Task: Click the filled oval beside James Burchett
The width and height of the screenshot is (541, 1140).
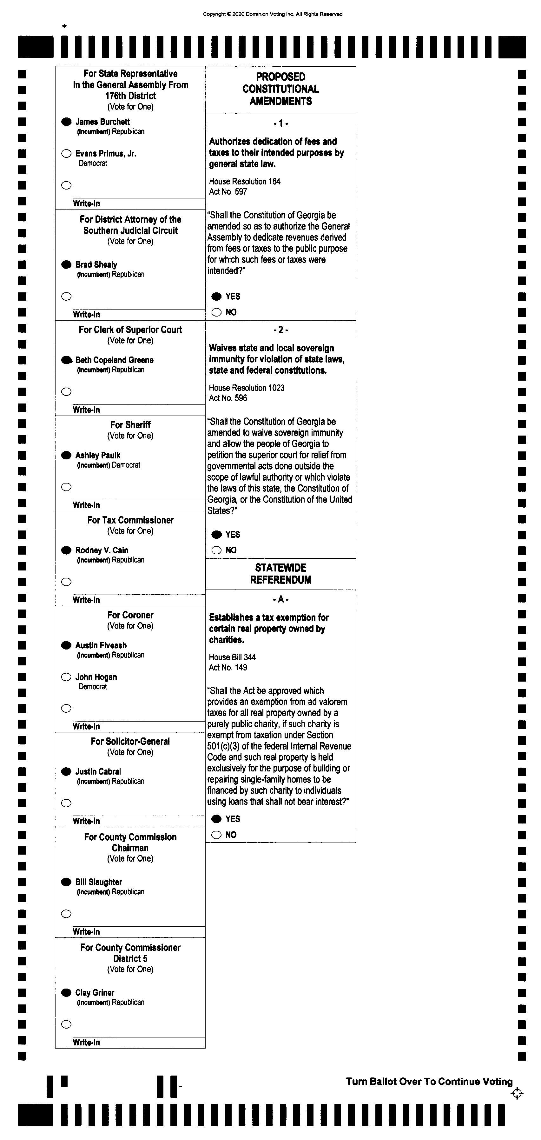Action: pos(66,122)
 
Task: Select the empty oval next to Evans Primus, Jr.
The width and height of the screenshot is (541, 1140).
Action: pos(66,154)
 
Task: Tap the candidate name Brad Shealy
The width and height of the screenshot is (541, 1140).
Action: pos(96,265)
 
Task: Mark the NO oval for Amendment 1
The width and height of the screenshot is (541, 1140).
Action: pos(216,312)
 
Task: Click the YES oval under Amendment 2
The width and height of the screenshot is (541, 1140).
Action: pos(216,535)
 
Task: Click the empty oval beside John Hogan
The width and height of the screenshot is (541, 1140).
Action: pos(66,677)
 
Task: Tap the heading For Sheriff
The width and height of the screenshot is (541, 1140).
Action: pos(130,425)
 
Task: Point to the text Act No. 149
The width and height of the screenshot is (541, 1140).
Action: pos(228,667)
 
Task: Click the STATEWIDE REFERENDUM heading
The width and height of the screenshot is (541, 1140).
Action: pos(280,574)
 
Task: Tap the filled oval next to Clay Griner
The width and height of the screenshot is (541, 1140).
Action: pos(66,993)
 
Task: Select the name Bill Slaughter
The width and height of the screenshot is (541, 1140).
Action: pos(98,882)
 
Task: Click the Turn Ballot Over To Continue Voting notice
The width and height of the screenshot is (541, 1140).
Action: pos(429,1082)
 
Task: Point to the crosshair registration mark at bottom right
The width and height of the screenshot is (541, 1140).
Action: pos(517,1094)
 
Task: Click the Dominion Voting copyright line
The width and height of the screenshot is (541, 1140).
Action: pos(273,14)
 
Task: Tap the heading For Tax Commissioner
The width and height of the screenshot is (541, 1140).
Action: pos(130,520)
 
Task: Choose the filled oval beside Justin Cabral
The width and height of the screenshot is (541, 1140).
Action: pos(66,772)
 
